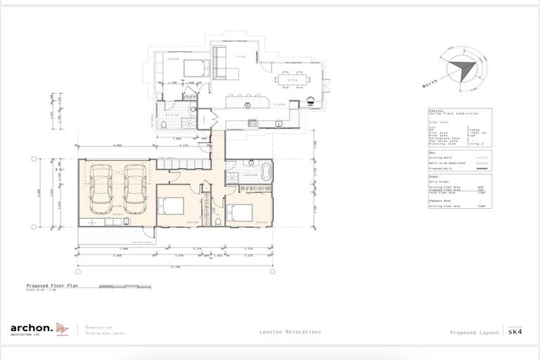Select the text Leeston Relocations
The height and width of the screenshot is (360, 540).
point(290,331)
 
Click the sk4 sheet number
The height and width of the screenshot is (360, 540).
point(515,332)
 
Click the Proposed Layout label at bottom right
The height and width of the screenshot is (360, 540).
point(475,332)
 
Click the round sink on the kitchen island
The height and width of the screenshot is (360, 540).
point(247,105)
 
